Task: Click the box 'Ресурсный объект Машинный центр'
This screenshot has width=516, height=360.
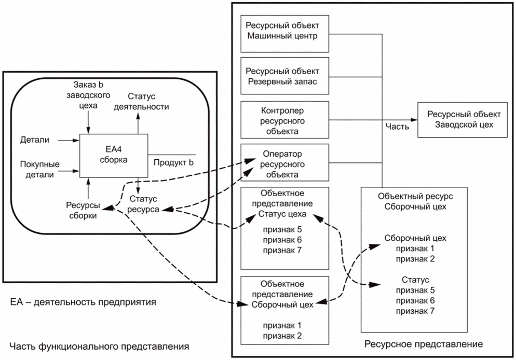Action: tap(285, 33)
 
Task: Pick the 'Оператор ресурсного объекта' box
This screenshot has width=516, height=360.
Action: tap(285, 164)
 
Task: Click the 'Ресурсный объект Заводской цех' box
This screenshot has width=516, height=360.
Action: tap(463, 119)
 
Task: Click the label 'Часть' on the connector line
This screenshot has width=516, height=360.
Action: tap(398, 126)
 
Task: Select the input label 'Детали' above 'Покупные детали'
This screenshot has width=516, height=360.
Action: tap(35, 140)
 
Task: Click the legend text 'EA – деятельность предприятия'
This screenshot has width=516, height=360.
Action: tap(83, 301)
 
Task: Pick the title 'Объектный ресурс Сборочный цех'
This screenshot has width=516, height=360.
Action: tap(415, 202)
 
